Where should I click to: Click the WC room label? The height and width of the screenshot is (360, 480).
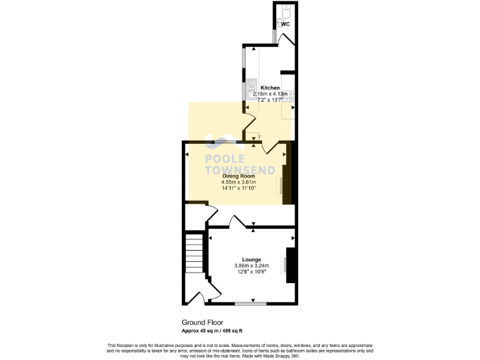[x=285, y=24]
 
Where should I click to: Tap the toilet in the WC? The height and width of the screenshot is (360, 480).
[x=286, y=11]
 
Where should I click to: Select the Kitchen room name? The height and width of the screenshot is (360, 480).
[x=270, y=87]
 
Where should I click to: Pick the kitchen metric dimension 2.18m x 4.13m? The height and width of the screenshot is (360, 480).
[x=270, y=94]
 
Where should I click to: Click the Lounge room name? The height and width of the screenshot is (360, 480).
[x=251, y=259]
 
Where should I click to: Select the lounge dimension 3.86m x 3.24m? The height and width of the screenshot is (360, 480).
[x=251, y=265]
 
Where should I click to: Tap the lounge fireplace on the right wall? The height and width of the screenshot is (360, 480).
[x=290, y=266]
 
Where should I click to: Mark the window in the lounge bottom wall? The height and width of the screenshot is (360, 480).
[x=251, y=304]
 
